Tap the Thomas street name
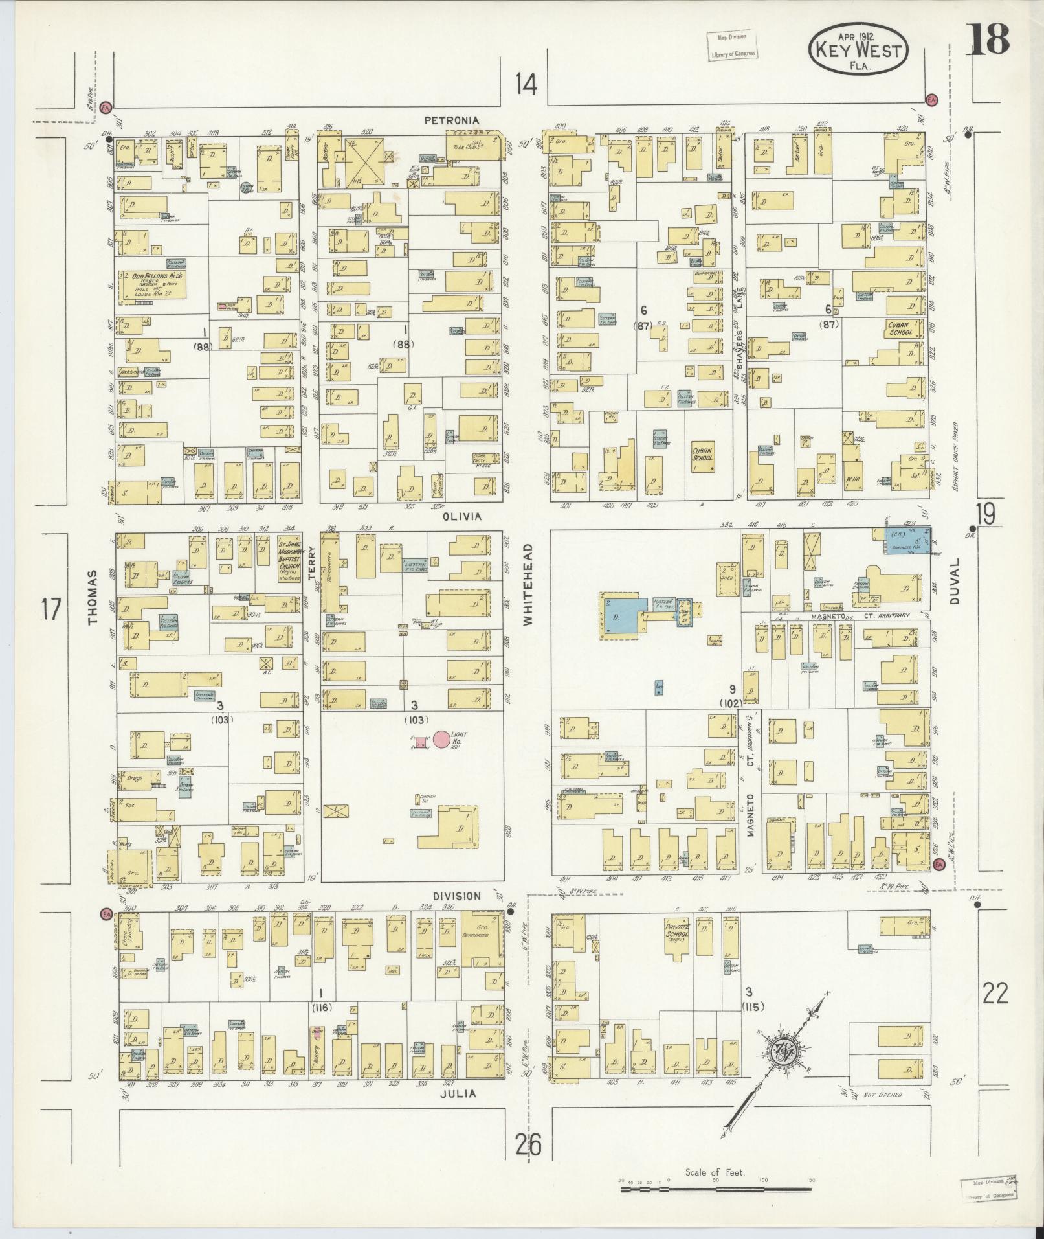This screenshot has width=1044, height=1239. click(93, 597)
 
